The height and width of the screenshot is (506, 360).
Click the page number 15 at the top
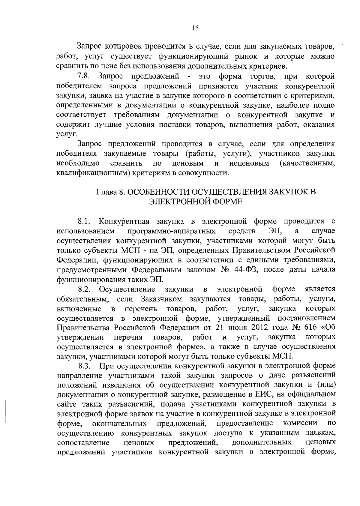195,28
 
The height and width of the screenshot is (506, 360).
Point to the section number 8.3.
84,366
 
